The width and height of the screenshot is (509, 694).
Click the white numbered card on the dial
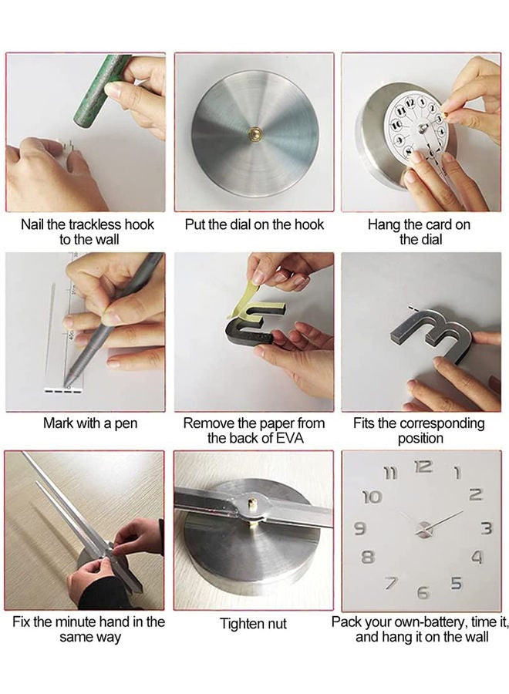[413, 126]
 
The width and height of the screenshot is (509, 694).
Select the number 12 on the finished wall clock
[423, 466]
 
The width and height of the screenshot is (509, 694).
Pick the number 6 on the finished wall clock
[423, 592]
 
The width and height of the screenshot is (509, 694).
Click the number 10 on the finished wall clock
[371, 497]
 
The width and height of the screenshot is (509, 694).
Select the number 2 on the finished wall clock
[475, 495]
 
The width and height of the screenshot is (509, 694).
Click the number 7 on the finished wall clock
[392, 582]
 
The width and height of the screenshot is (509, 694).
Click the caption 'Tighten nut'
[253, 624]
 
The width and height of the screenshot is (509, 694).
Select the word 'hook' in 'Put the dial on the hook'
[307, 224]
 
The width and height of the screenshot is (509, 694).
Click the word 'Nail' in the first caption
[35, 224]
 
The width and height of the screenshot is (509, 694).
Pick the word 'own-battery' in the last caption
[420, 622]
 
